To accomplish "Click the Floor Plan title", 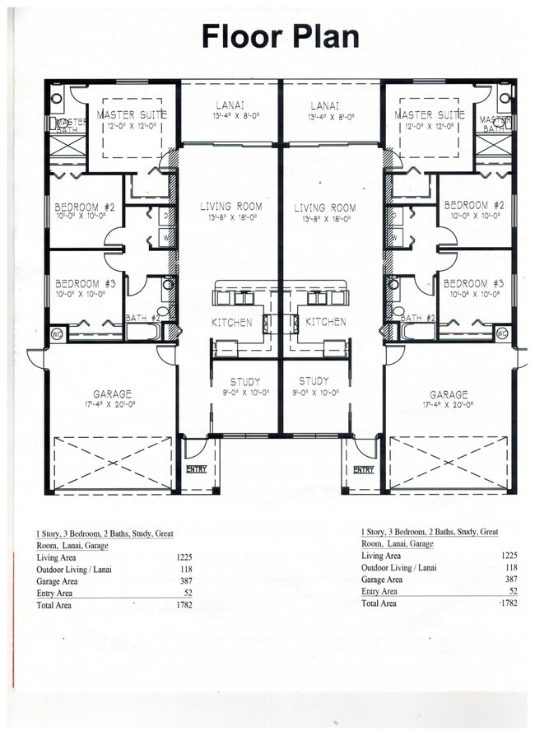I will click(280, 37).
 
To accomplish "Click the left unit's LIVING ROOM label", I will click(230, 207).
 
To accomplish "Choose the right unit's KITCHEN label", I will click(326, 322).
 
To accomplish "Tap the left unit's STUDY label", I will click(244, 381).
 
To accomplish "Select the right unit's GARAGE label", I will click(448, 395).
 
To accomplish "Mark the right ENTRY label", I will click(363, 470).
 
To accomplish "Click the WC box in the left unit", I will click(57, 333).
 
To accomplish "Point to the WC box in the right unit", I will click(503, 333).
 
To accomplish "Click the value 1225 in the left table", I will click(184, 558).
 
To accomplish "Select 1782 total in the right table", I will click(509, 603).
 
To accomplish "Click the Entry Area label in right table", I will click(379, 591).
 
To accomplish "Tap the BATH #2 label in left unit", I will click(142, 318).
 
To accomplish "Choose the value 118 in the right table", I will click(511, 567).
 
